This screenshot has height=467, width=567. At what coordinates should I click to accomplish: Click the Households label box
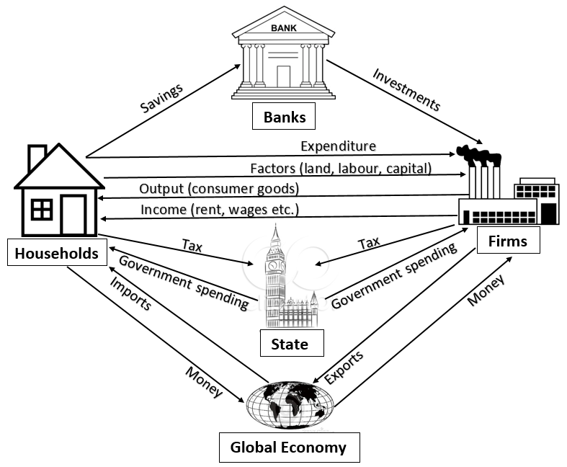(55, 253)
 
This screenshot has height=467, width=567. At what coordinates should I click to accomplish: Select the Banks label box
(284, 116)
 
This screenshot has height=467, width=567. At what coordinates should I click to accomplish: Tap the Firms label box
(506, 240)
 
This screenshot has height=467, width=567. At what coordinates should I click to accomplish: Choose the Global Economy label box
(288, 448)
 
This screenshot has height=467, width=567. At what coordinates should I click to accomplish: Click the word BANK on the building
(283, 30)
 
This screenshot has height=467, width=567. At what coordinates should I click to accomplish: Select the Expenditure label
(338, 146)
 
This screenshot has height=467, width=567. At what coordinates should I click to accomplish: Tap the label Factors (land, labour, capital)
(340, 168)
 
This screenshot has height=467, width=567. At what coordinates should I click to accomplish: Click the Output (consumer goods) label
(218, 189)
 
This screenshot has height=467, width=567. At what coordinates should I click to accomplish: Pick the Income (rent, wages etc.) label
(219, 210)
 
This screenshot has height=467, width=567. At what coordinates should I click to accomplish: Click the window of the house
(42, 210)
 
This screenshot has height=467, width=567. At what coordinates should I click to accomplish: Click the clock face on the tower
(274, 264)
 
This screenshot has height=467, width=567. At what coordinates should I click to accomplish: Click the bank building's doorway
(283, 75)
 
